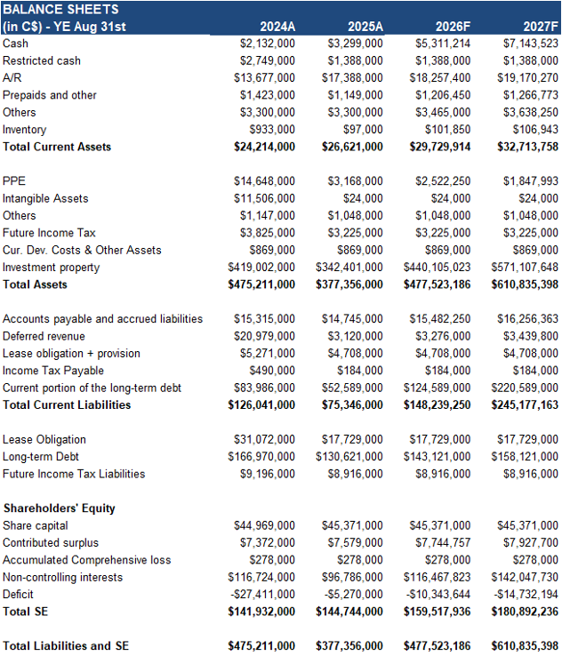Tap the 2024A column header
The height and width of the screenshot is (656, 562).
click(277, 27)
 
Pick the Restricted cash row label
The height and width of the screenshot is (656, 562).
click(42, 60)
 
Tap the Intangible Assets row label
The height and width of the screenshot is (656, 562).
click(45, 198)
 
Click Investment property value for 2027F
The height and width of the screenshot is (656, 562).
click(525, 268)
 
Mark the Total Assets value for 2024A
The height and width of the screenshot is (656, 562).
click(261, 284)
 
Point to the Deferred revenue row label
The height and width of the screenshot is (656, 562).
click(44, 336)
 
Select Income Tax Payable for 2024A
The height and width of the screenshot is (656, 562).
click(277, 371)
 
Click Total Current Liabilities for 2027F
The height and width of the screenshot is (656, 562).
click(525, 405)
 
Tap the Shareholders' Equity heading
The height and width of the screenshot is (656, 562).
click(59, 508)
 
